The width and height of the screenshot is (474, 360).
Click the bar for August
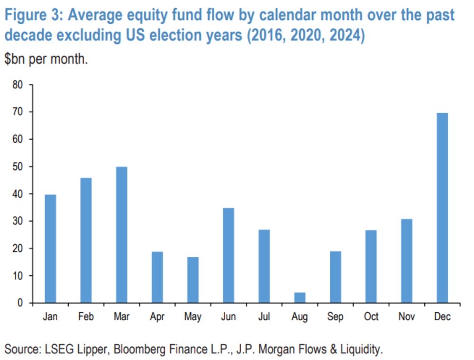(300, 297)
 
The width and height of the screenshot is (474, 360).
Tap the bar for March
(121, 234)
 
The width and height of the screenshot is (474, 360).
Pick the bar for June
(228, 255)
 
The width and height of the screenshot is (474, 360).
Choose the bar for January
(50, 248)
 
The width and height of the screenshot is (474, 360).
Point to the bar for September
(335, 277)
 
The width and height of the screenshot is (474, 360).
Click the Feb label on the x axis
(86, 316)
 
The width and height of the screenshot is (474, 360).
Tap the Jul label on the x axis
(264, 316)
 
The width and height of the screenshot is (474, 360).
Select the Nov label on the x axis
(407, 316)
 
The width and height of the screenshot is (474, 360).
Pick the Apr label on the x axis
(157, 316)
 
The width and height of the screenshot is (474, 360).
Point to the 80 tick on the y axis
(18, 85)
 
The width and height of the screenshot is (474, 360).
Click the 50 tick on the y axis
(18, 167)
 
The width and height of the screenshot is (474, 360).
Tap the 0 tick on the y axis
(21, 303)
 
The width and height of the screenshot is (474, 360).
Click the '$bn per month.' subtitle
(46, 60)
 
